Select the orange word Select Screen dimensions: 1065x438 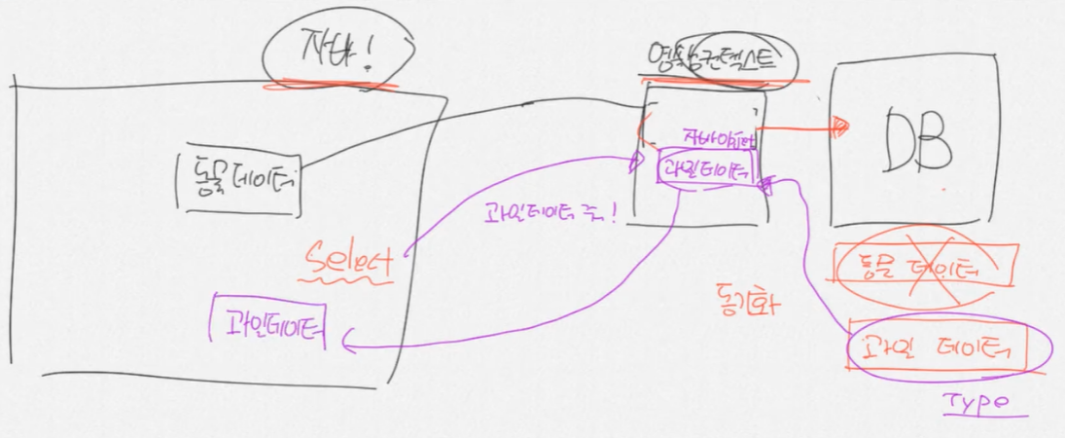(x=347, y=260)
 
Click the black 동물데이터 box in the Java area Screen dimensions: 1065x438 (x=239, y=181)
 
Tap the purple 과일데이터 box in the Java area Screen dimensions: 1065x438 (x=268, y=322)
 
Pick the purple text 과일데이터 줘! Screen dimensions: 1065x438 (x=548, y=212)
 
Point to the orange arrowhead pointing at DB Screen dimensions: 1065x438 (x=838, y=125)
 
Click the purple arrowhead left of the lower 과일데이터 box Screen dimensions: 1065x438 (x=348, y=338)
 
